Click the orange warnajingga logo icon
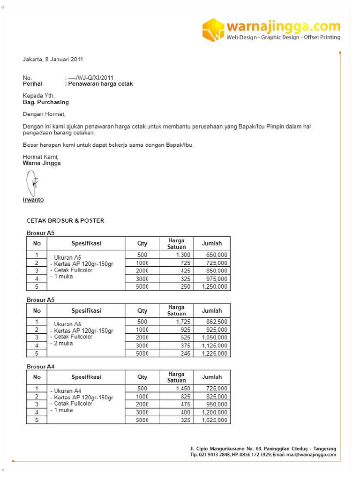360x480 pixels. coord(213,30)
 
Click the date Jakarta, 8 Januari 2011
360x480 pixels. coord(53,60)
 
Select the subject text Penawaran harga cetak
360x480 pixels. coord(100,84)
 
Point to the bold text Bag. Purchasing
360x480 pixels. coord(46,102)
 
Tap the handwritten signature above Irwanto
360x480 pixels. coord(32,183)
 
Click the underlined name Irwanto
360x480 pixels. coord(33,200)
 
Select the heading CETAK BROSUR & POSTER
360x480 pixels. coord(65,220)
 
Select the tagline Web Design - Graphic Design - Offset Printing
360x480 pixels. coord(284,37)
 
